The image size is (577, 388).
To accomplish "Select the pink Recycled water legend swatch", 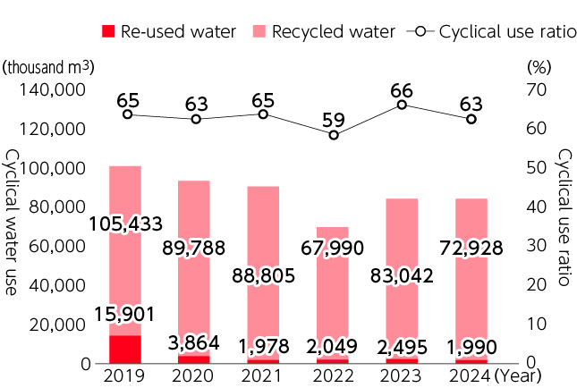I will click(x=259, y=31).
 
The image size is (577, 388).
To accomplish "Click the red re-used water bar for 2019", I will click(x=124, y=349).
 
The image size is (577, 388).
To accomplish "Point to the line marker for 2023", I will click(x=402, y=105).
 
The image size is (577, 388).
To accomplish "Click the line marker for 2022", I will click(x=334, y=135).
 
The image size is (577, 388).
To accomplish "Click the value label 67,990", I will click(x=333, y=248).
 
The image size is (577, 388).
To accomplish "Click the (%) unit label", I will click(x=539, y=67).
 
